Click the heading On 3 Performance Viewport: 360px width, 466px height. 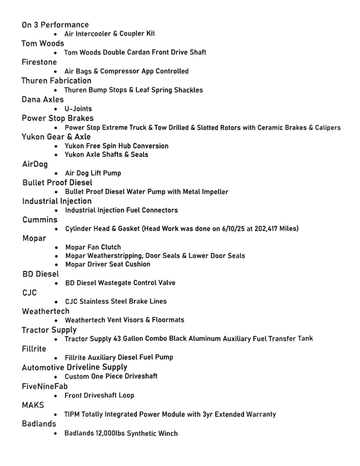click(x=55, y=25)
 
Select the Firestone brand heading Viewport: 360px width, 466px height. click(x=39, y=62)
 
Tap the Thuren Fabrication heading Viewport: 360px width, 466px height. click(x=56, y=81)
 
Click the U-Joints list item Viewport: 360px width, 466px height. click(x=78, y=109)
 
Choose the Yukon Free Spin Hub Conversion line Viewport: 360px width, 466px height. click(x=116, y=146)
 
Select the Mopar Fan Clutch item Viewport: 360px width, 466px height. click(x=93, y=247)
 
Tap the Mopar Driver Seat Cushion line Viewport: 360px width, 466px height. click(x=108, y=264)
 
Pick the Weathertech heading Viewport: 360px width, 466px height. click(x=46, y=311)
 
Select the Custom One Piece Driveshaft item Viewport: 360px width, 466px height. click(x=111, y=376)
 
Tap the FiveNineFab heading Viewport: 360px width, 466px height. click(x=45, y=386)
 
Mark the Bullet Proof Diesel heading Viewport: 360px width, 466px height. click(x=57, y=183)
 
